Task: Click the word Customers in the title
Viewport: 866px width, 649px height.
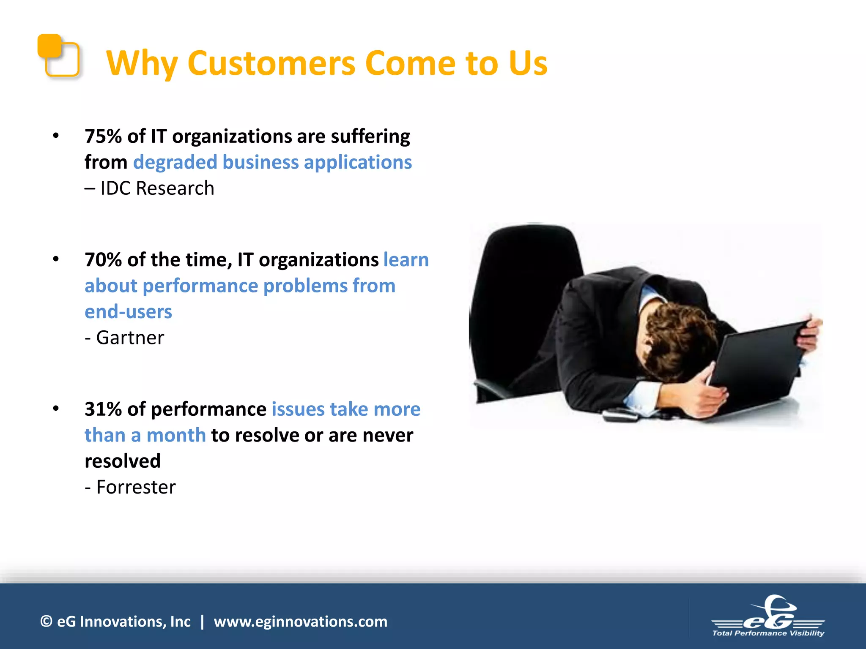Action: tap(271, 63)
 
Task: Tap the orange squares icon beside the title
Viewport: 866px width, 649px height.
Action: tap(58, 55)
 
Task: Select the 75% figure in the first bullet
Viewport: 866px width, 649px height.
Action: tap(103, 136)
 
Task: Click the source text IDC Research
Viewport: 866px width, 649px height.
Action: tap(157, 188)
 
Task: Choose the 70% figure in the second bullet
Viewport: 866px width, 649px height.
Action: tap(103, 260)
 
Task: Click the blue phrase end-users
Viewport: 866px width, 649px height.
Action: tap(128, 312)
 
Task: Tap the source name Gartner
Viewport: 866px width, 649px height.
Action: tap(130, 338)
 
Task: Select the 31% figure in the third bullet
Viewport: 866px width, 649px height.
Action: tap(103, 409)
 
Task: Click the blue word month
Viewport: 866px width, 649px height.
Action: tap(176, 435)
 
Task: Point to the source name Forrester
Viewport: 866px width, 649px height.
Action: tap(136, 487)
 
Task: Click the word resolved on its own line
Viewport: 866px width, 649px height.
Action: tap(123, 461)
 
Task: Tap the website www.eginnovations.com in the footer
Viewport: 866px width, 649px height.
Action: tap(300, 622)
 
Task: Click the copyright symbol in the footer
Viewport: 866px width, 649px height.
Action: tap(46, 622)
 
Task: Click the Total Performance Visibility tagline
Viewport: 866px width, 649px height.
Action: tap(768, 633)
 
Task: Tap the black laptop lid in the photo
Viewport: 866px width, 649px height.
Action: tap(757, 368)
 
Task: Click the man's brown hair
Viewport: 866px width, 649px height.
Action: tap(677, 334)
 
